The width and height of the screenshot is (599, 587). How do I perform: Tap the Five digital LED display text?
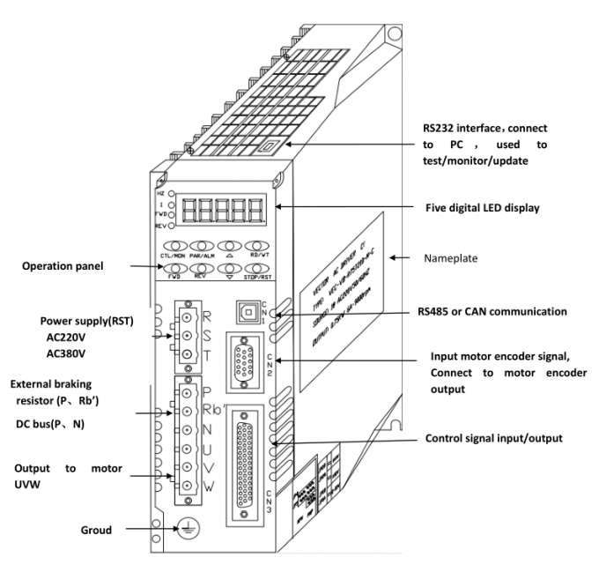[x=482, y=208]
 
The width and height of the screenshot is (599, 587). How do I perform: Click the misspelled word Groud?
[x=96, y=530]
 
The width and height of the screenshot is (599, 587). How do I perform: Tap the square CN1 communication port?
[x=246, y=312]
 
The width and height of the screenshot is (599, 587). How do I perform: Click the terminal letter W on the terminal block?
[x=207, y=487]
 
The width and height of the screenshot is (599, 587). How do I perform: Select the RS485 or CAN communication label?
[x=492, y=311]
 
